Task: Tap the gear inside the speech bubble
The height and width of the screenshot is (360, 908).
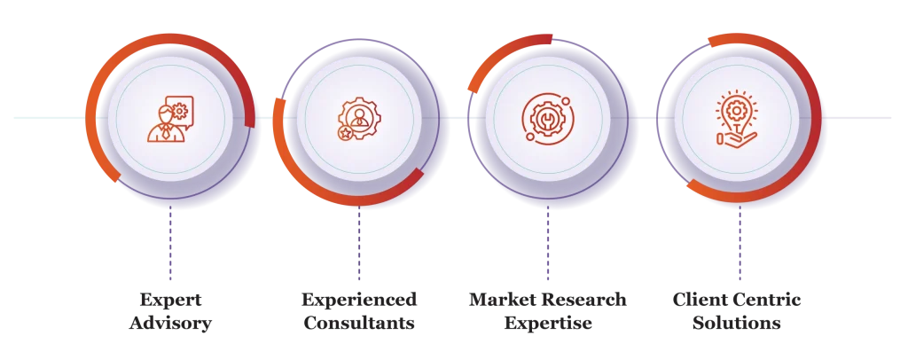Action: pyautogui.click(x=181, y=109)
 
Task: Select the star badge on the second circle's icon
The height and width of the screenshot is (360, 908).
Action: pyautogui.click(x=344, y=132)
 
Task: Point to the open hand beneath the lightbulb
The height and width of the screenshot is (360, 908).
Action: pyautogui.click(x=735, y=137)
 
